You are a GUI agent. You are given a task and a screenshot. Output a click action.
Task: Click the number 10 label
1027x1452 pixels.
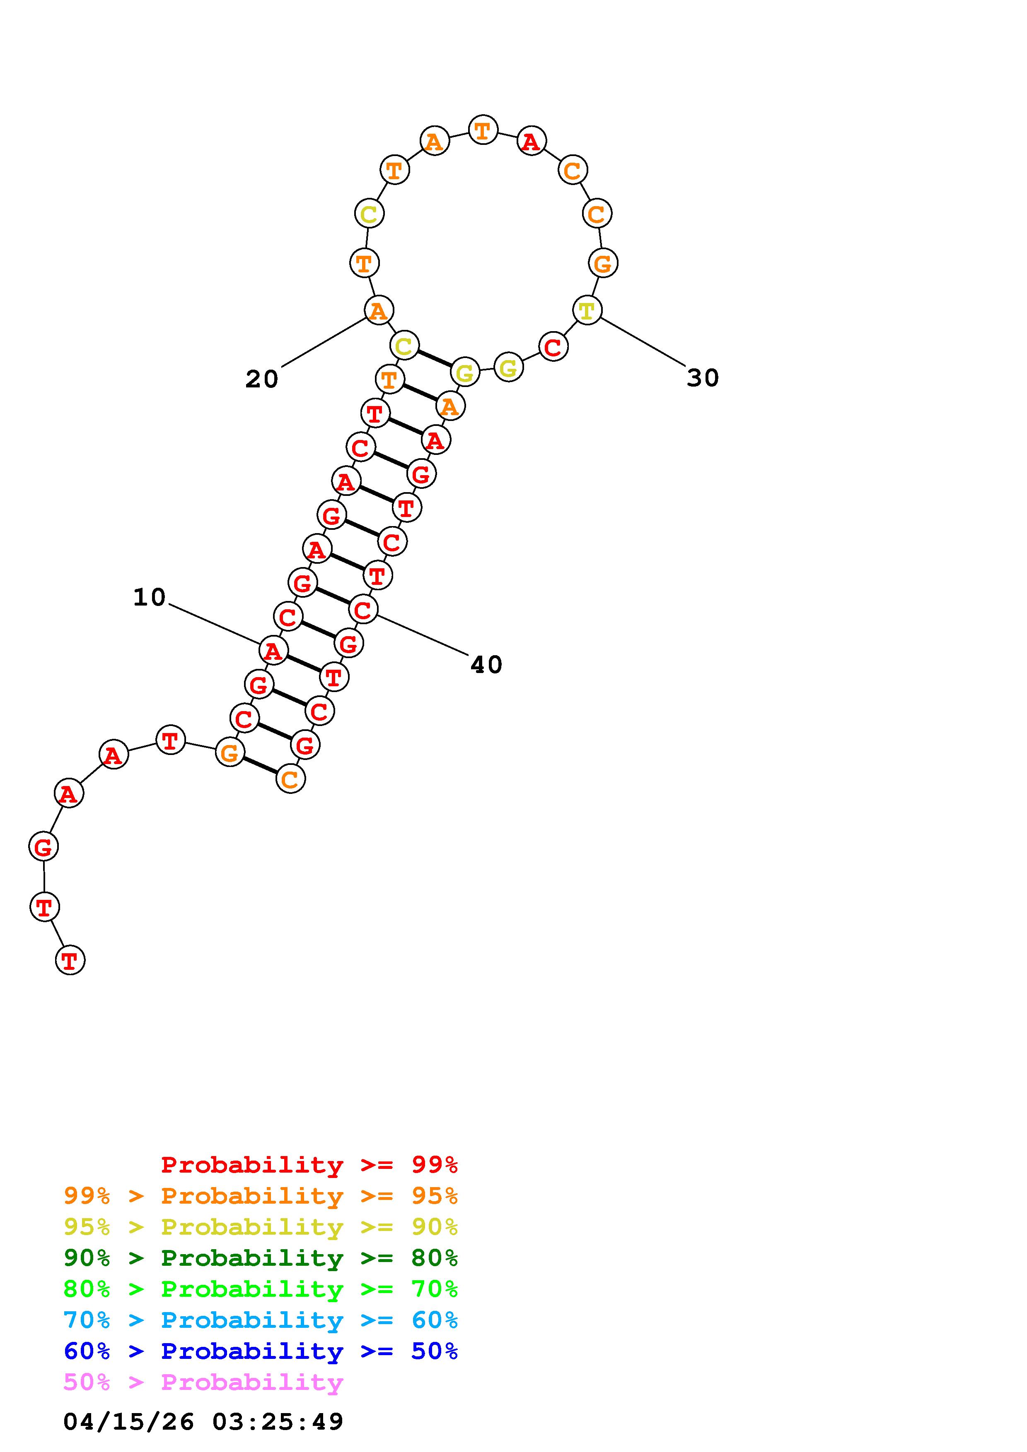pyautogui.click(x=149, y=597)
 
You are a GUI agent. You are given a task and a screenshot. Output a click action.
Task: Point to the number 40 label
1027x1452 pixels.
pyautogui.click(x=486, y=665)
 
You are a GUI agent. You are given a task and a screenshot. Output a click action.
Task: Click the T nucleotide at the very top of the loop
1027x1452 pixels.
pyautogui.click(x=483, y=130)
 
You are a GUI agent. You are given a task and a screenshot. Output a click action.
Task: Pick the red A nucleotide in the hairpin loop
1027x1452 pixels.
pyautogui.click(x=532, y=141)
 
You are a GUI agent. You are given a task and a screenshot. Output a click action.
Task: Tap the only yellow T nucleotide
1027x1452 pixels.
pyautogui.click(x=587, y=310)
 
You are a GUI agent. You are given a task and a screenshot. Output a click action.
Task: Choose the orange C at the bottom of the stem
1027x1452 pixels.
pyautogui.click(x=290, y=779)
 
